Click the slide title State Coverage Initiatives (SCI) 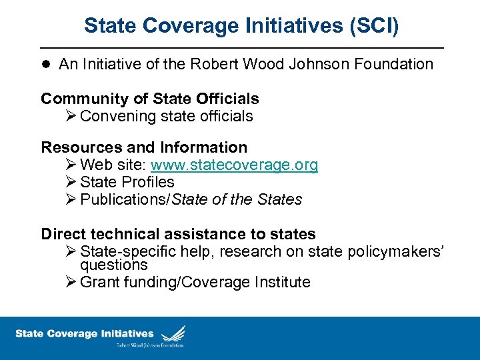point(241,26)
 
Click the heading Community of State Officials point(150,99)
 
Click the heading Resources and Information point(144,147)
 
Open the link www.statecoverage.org point(234,165)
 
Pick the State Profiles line point(127,182)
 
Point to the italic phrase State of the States point(237,199)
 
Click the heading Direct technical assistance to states point(178,234)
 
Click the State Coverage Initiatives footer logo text point(84,333)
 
